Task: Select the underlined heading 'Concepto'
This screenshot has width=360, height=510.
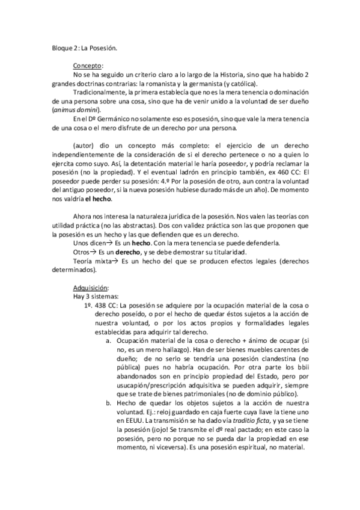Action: pos(88,64)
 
